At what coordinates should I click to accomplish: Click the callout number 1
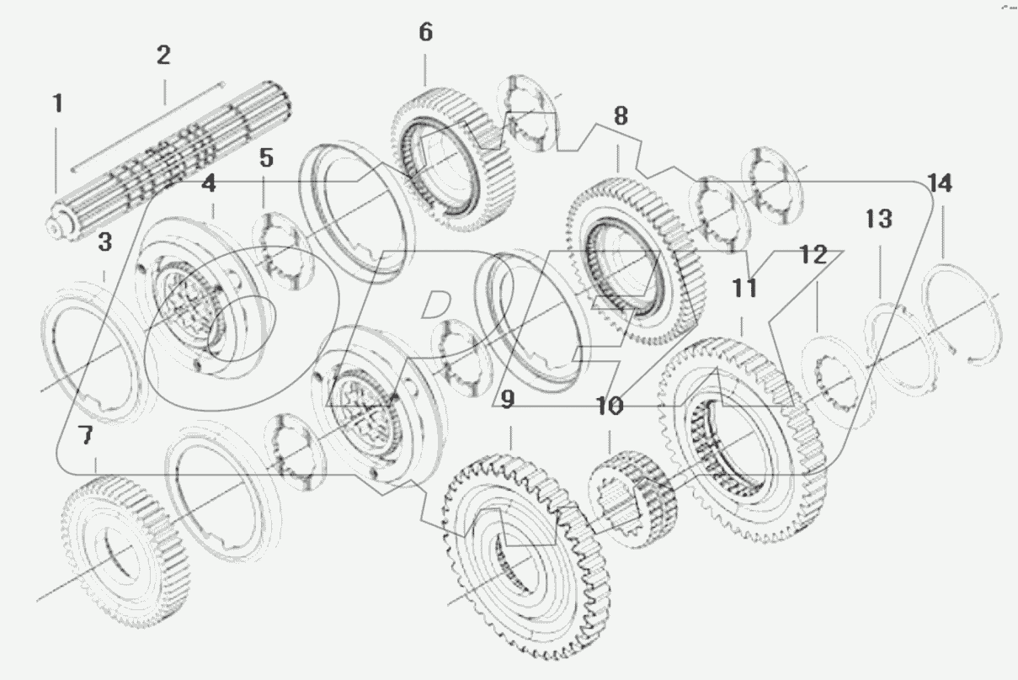[x=57, y=104]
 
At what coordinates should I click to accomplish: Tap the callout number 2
[x=163, y=56]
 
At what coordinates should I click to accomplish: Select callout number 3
[x=104, y=243]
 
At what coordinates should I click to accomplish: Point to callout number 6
[x=425, y=33]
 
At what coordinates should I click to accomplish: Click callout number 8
[x=620, y=116]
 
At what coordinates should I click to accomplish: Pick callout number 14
[x=941, y=183]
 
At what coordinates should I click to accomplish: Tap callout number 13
[x=878, y=220]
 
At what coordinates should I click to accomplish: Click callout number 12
[x=813, y=254]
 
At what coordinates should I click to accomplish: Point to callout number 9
[x=506, y=400]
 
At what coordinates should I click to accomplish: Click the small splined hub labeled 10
[x=632, y=497]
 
